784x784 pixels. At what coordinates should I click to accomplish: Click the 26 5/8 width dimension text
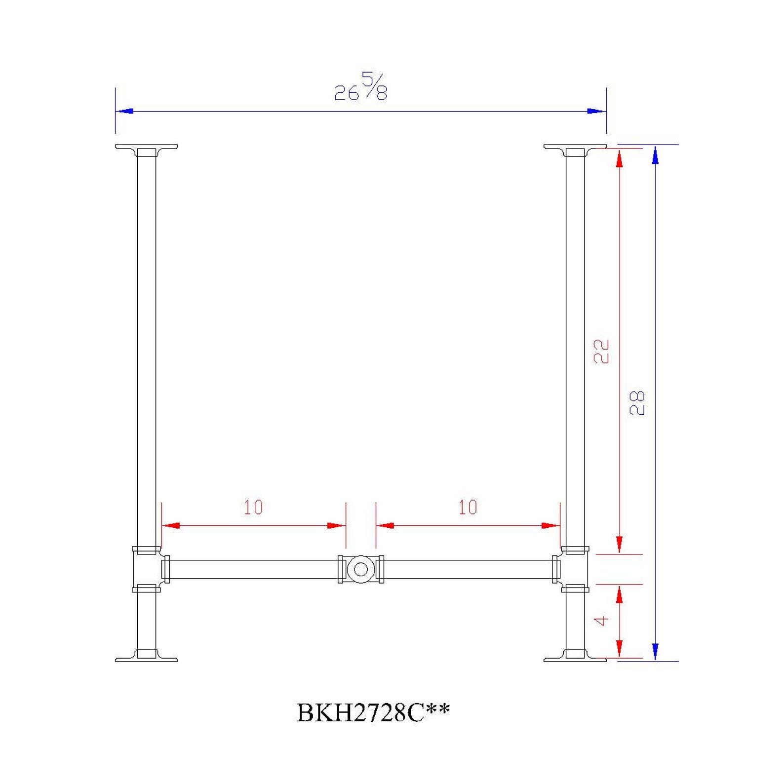pos(361,87)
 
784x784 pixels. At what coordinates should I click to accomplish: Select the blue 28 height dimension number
pos(637,402)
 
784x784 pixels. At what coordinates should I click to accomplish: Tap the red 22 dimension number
pos(601,352)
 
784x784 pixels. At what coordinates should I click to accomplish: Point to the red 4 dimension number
pos(601,621)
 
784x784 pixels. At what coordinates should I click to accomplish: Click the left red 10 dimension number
pos(253,508)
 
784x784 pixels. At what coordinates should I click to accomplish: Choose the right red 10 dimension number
pos(468,508)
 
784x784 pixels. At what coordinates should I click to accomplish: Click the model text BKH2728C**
pos(373,712)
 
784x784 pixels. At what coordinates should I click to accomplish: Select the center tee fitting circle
pos(360,569)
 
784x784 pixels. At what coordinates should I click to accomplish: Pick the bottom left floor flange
pos(146,656)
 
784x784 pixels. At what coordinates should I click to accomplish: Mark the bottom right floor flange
pos(575,656)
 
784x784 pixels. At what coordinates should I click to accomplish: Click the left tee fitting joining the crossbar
pos(146,569)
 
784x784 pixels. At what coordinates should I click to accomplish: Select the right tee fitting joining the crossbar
pos(575,569)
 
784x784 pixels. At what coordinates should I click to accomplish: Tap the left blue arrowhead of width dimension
pos(124,111)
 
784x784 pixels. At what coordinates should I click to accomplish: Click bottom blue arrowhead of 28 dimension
pos(655,651)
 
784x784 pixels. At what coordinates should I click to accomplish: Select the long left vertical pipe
pos(146,346)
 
